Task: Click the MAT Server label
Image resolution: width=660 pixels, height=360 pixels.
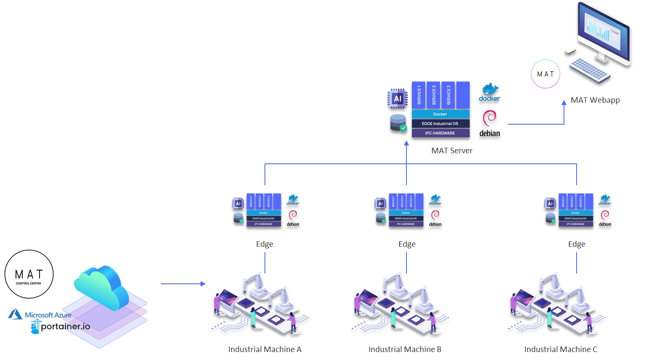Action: pyautogui.click(x=452, y=151)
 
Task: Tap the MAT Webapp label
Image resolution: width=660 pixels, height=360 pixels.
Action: pyautogui.click(x=595, y=100)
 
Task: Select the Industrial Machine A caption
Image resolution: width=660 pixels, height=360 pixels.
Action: pyautogui.click(x=265, y=349)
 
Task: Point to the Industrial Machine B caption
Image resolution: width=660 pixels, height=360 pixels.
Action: pyautogui.click(x=405, y=349)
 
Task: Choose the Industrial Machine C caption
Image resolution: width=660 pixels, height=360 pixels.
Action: pyautogui.click(x=561, y=349)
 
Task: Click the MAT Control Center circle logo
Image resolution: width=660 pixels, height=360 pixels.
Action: pyautogui.click(x=29, y=274)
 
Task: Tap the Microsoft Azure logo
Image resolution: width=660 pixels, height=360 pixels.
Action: pyautogui.click(x=40, y=315)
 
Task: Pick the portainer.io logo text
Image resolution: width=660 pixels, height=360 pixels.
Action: pyautogui.click(x=65, y=326)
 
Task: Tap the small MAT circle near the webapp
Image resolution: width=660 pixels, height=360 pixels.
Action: pyautogui.click(x=545, y=74)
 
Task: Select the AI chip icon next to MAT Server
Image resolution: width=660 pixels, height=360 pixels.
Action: pyautogui.click(x=397, y=99)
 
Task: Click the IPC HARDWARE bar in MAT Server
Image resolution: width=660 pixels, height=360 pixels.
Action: pyautogui.click(x=440, y=133)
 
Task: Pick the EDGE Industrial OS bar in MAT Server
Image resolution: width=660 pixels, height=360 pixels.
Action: pyautogui.click(x=440, y=124)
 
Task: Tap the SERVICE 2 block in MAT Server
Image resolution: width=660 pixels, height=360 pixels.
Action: pyautogui.click(x=434, y=95)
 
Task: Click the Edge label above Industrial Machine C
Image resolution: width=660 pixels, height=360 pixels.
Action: pyautogui.click(x=577, y=244)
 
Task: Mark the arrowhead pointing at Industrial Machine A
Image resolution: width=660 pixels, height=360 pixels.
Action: pyautogui.click(x=203, y=284)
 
